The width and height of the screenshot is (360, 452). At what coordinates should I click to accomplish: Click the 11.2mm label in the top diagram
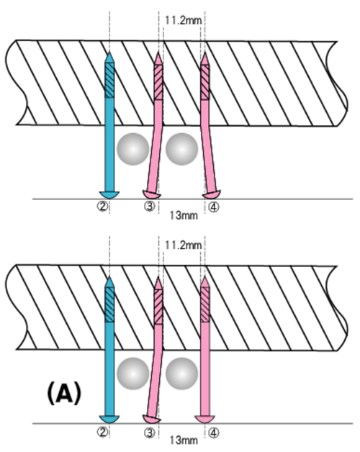pyautogui.click(x=183, y=20)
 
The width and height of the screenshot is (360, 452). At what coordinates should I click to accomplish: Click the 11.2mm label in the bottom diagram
pyautogui.click(x=183, y=245)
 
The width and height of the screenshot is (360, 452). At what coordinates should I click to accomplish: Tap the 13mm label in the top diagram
pyautogui.click(x=184, y=215)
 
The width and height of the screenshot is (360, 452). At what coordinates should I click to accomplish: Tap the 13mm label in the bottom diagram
pyautogui.click(x=184, y=440)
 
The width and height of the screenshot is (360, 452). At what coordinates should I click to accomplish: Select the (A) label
pyautogui.click(x=64, y=394)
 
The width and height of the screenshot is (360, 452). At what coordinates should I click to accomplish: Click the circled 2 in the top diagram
pyautogui.click(x=102, y=207)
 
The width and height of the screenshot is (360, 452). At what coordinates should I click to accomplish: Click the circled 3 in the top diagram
pyautogui.click(x=149, y=207)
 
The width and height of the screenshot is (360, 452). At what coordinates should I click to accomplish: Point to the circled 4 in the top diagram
pyautogui.click(x=213, y=207)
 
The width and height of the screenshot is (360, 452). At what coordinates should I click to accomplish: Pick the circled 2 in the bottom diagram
pyautogui.click(x=102, y=432)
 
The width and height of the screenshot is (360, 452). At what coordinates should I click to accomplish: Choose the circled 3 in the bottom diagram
pyautogui.click(x=149, y=433)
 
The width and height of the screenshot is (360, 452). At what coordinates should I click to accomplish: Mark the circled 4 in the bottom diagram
pyautogui.click(x=213, y=433)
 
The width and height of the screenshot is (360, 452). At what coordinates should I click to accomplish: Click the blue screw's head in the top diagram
pyautogui.click(x=109, y=194)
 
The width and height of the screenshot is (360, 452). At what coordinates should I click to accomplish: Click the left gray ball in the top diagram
pyautogui.click(x=133, y=149)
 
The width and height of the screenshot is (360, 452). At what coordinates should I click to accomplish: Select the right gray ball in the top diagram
pyautogui.click(x=181, y=149)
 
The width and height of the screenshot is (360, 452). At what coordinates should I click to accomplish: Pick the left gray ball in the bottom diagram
pyautogui.click(x=133, y=374)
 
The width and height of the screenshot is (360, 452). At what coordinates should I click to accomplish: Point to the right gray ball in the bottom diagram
pyautogui.click(x=181, y=374)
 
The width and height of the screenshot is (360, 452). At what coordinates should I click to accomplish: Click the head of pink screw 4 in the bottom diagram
pyautogui.click(x=204, y=419)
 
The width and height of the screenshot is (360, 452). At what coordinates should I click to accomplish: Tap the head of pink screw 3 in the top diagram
pyautogui.click(x=151, y=194)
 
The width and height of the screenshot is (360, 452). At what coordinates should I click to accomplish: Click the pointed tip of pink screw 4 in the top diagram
pyautogui.click(x=204, y=53)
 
